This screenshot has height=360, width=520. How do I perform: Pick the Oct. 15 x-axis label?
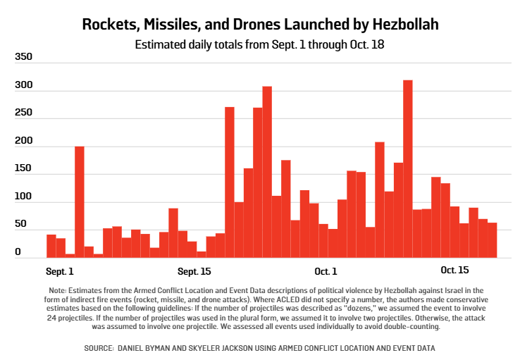[454, 271]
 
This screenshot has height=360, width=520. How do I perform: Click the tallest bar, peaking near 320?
[407, 169]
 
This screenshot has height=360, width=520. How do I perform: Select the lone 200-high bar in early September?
[80, 201]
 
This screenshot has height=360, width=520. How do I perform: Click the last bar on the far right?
[492, 240]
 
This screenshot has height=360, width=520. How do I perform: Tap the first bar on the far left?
[51, 246]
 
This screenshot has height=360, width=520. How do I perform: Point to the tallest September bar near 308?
[267, 172]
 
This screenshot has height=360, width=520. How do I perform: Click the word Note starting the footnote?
[58, 290]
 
